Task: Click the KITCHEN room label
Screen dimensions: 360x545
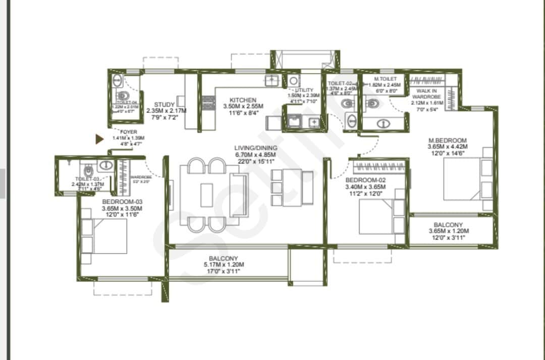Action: (243, 100)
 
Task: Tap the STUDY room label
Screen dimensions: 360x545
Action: (165, 105)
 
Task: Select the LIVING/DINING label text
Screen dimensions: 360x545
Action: (256, 148)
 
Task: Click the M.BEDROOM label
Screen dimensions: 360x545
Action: (447, 140)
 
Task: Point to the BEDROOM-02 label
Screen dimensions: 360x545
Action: (365, 180)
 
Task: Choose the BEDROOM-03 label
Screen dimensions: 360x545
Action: (122, 202)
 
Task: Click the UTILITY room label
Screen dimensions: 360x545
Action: (304, 90)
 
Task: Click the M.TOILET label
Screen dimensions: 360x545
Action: (385, 79)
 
